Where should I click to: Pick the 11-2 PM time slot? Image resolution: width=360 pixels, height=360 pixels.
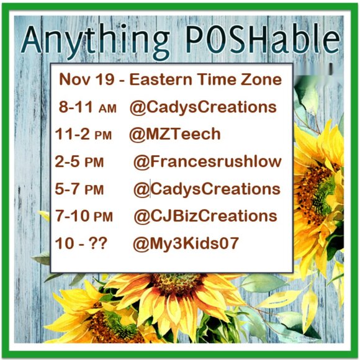[83, 135]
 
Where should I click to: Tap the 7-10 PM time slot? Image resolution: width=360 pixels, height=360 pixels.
[84, 216]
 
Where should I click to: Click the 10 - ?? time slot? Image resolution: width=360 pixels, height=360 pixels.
[80, 243]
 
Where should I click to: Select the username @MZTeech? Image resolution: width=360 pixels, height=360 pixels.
[174, 134]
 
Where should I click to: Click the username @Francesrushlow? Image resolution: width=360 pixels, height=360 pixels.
[207, 162]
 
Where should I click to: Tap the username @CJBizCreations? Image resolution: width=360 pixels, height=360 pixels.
[205, 216]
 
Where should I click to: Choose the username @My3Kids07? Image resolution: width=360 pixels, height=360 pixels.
[185, 243]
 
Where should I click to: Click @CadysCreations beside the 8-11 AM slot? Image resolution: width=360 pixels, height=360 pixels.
[203, 107]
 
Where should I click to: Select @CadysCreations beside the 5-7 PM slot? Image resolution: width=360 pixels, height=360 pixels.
[206, 189]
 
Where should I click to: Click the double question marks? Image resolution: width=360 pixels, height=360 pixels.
[96, 243]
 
